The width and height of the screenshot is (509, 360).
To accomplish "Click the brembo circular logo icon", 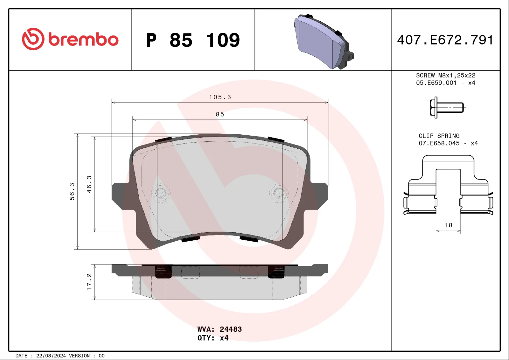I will (33, 39).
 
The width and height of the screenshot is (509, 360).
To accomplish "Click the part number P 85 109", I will (193, 40).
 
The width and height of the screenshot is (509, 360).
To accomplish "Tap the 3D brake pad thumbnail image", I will (323, 41).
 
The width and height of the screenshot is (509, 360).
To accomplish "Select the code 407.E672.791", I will (445, 40).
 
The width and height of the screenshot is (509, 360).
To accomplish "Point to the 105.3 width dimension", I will (220, 97).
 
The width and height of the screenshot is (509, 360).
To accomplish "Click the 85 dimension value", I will (220, 114).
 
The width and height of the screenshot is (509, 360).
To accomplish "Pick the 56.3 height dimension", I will (72, 191).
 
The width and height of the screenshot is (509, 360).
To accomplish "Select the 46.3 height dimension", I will (89, 184).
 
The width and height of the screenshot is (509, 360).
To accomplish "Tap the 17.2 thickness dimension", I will (89, 282).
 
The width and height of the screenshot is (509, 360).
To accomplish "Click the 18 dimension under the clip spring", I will (448, 225).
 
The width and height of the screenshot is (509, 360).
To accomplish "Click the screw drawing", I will (446, 108).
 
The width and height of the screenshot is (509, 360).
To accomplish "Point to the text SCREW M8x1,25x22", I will (445, 75).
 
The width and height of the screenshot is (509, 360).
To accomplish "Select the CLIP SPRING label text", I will (439, 136).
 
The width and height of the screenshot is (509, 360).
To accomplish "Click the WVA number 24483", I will (231, 329).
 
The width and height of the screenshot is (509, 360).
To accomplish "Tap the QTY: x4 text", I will (213, 338).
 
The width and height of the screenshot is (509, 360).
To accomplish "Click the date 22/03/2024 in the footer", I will (51, 356).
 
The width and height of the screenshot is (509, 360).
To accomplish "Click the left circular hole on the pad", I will (160, 193).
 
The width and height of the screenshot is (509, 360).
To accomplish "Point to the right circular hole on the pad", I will (279, 193).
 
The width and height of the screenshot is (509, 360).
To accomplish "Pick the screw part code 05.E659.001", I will (436, 83).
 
